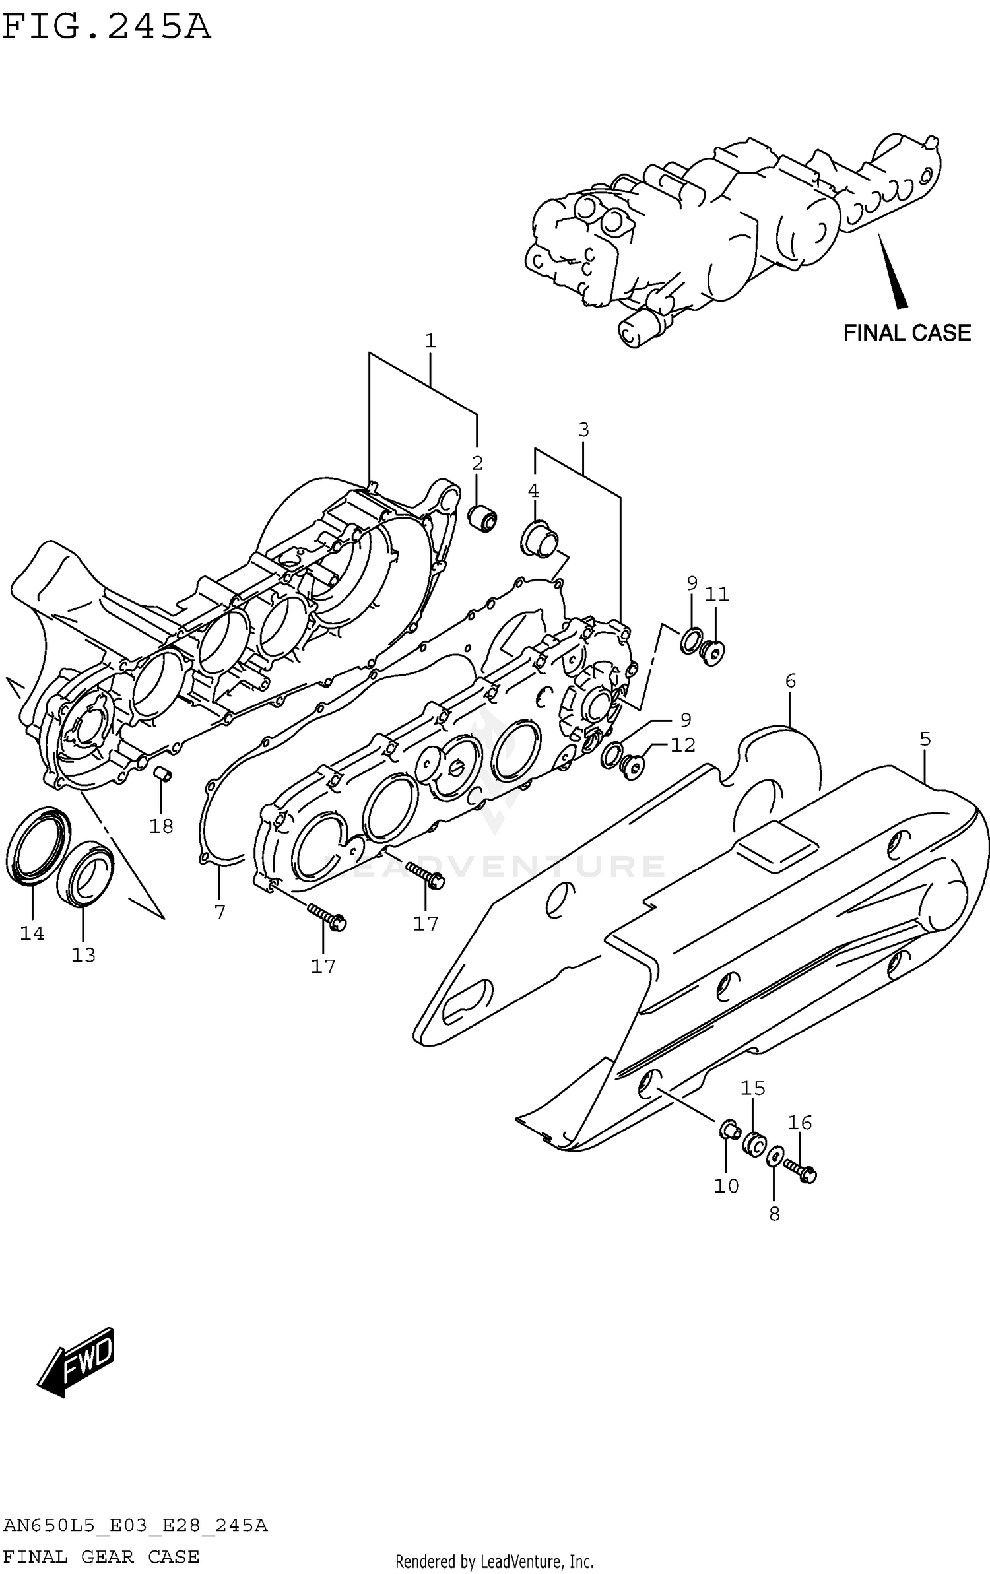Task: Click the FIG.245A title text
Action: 106,28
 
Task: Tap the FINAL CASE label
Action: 906,333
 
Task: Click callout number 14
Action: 32,933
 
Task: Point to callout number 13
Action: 83,955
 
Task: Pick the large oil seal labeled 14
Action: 38,844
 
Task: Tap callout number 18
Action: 161,826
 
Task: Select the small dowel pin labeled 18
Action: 163,773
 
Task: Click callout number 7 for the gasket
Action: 220,912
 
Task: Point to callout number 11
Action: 717,595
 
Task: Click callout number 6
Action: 790,680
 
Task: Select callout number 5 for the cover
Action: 925,739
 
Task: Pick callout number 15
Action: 752,1088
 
